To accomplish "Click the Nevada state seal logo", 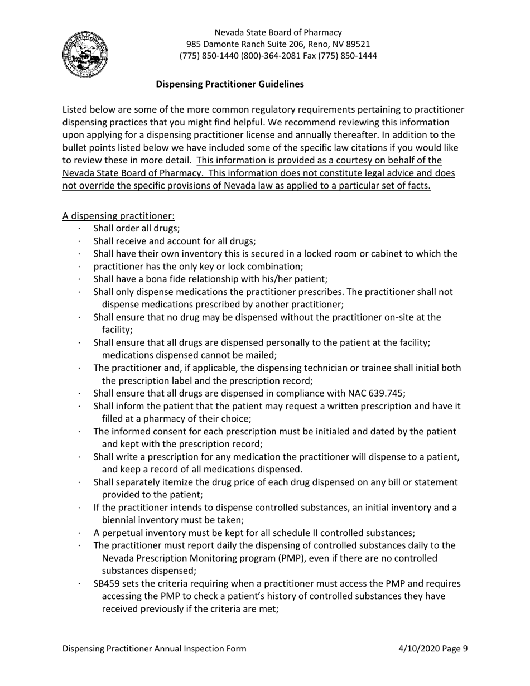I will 85,55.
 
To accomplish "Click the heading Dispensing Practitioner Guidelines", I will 230,84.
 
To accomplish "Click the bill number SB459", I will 108,584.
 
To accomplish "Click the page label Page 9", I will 456,649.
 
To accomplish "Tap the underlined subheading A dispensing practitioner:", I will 118,216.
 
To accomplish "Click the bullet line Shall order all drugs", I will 137,228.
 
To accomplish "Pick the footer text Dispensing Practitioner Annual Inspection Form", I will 154,649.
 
